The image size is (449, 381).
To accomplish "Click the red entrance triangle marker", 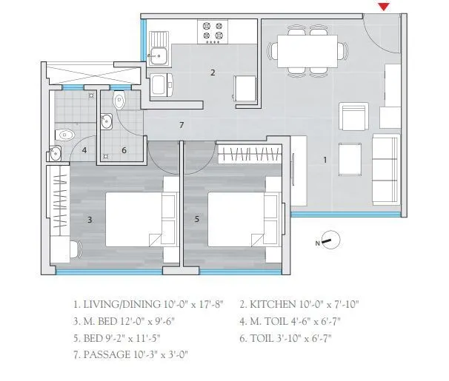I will coord(383,7).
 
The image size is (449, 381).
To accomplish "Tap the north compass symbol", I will coord(330,240).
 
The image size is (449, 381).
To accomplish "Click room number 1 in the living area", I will coord(325,159).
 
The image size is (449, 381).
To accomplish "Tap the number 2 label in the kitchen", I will coord(213,73).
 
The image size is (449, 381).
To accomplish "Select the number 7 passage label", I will coord(182,125).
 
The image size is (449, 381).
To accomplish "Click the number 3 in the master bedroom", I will coord(90,219).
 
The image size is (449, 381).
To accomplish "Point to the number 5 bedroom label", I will coord(196,219).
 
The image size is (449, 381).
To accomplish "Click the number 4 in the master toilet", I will coord(84,151).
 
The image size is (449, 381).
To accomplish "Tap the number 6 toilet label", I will coord(124,151).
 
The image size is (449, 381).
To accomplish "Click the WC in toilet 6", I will coord(121,99).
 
